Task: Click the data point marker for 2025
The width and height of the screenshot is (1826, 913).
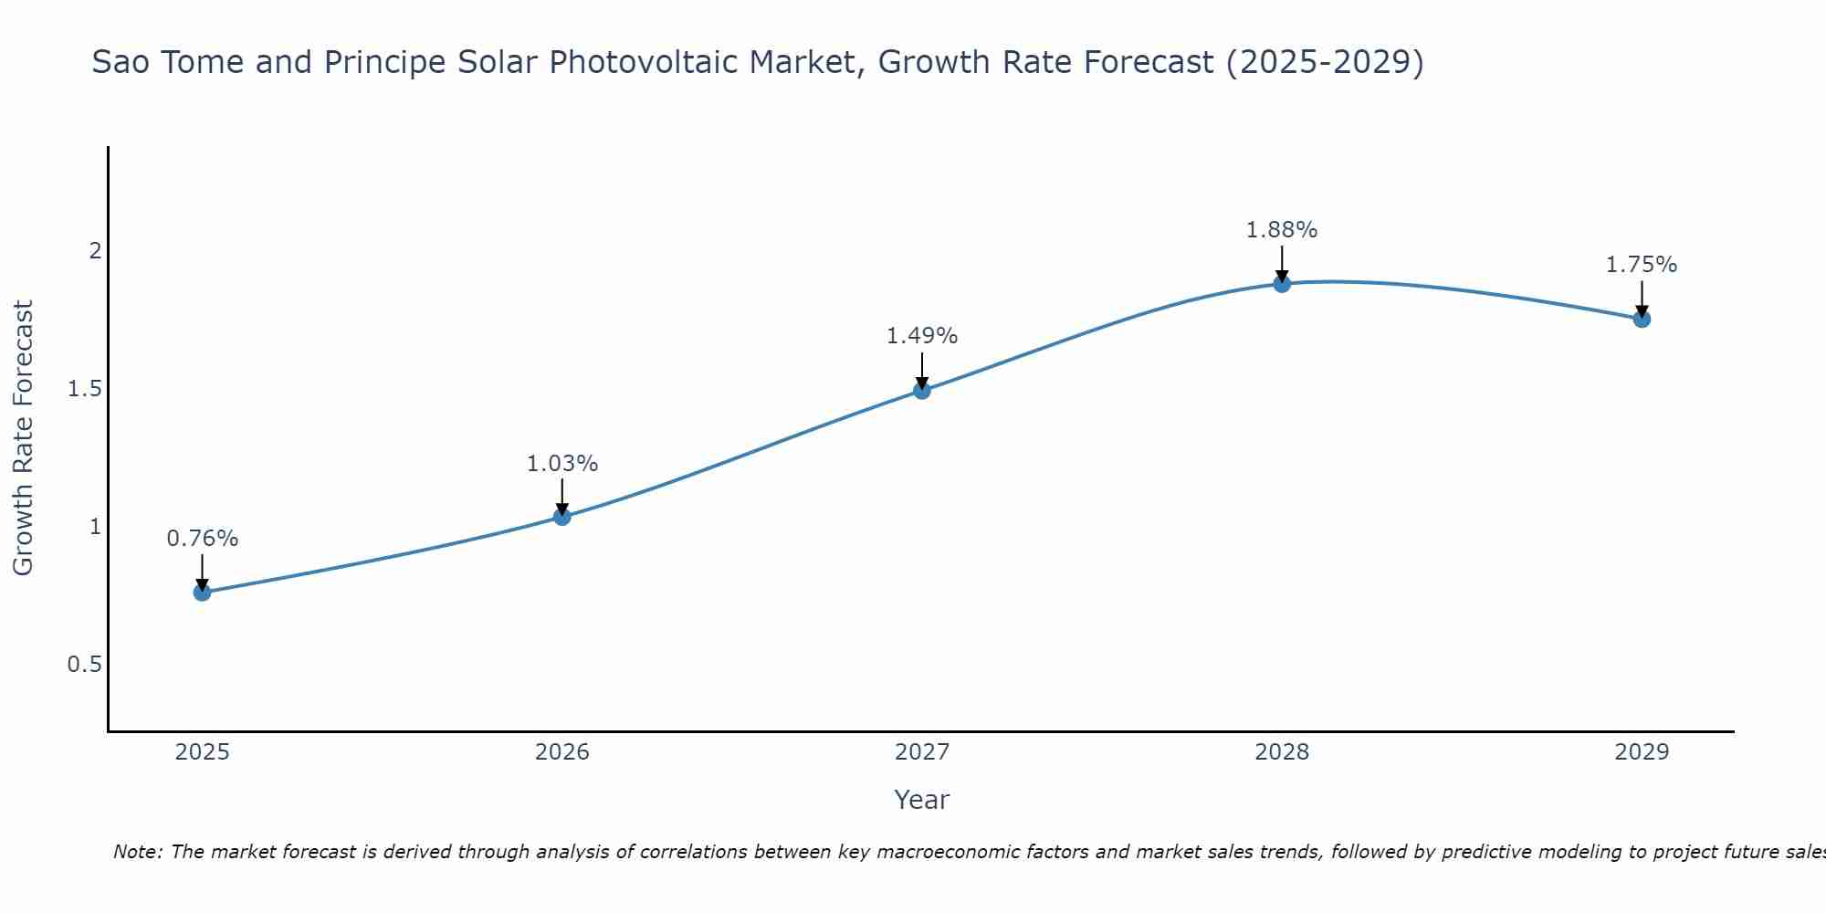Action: pyautogui.click(x=202, y=593)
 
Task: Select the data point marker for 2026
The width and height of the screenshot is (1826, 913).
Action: pyautogui.click(x=562, y=517)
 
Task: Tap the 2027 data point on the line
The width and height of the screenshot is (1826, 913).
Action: pyautogui.click(x=922, y=391)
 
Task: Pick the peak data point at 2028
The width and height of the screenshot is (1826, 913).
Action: pyautogui.click(x=1282, y=284)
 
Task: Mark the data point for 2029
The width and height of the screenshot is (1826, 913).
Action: pyautogui.click(x=1642, y=319)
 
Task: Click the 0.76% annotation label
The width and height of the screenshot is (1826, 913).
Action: pyautogui.click(x=202, y=539)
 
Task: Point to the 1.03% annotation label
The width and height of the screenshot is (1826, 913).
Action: pyautogui.click(x=562, y=464)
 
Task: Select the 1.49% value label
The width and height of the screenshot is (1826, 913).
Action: pyautogui.click(x=922, y=336)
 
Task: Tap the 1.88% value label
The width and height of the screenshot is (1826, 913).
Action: pyautogui.click(x=1282, y=230)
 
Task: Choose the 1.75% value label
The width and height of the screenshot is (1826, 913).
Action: pyautogui.click(x=1642, y=265)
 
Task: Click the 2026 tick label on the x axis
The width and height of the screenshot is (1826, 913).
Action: pyautogui.click(x=562, y=752)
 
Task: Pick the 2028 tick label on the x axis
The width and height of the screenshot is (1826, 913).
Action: pyautogui.click(x=1282, y=752)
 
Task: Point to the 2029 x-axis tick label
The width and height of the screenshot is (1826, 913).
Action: pyautogui.click(x=1642, y=752)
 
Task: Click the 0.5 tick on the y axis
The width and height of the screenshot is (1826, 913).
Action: pyautogui.click(x=84, y=665)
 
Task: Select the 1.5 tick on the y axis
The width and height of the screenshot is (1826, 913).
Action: pyautogui.click(x=84, y=389)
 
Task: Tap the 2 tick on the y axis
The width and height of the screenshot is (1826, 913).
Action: pyautogui.click(x=95, y=250)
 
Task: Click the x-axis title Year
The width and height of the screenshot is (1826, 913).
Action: pyautogui.click(x=922, y=800)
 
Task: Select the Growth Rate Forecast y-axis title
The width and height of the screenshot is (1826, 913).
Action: pyautogui.click(x=23, y=438)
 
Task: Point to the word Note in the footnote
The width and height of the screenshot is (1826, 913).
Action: pyautogui.click(x=136, y=852)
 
